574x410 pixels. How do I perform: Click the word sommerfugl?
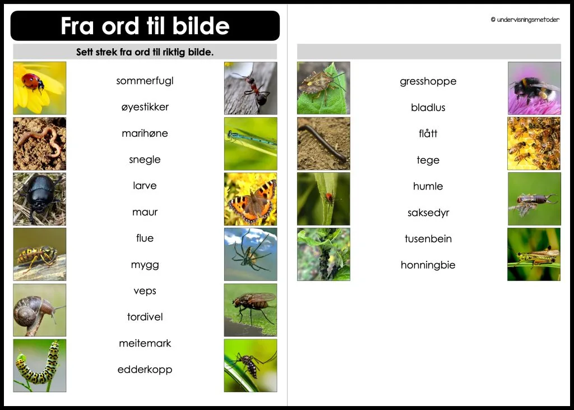[x=145, y=81]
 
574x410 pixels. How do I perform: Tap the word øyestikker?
[x=145, y=107]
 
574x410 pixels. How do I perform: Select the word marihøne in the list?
[x=145, y=133]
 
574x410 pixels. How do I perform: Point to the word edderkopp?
[x=145, y=370]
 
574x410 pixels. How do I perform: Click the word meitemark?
[x=145, y=343]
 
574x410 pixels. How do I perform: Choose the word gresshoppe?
[x=428, y=81]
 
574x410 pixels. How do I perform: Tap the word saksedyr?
[x=428, y=213]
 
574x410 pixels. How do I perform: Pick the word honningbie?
[x=428, y=265]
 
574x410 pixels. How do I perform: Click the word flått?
[x=428, y=133]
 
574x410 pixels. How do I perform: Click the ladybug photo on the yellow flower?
[x=39, y=88]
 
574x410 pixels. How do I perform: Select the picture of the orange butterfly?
[x=251, y=199]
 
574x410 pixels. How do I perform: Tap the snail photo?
[x=39, y=310]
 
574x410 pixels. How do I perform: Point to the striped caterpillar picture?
[x=39, y=365]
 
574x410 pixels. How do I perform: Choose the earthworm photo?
[x=39, y=144]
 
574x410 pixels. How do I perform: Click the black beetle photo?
[x=39, y=199]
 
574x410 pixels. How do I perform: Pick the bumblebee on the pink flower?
[x=534, y=88]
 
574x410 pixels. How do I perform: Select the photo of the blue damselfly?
[x=251, y=144]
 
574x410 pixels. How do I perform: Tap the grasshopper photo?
[x=534, y=254]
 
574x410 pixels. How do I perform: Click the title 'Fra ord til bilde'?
[x=145, y=26]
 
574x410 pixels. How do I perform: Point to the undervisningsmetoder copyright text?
[x=525, y=20]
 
